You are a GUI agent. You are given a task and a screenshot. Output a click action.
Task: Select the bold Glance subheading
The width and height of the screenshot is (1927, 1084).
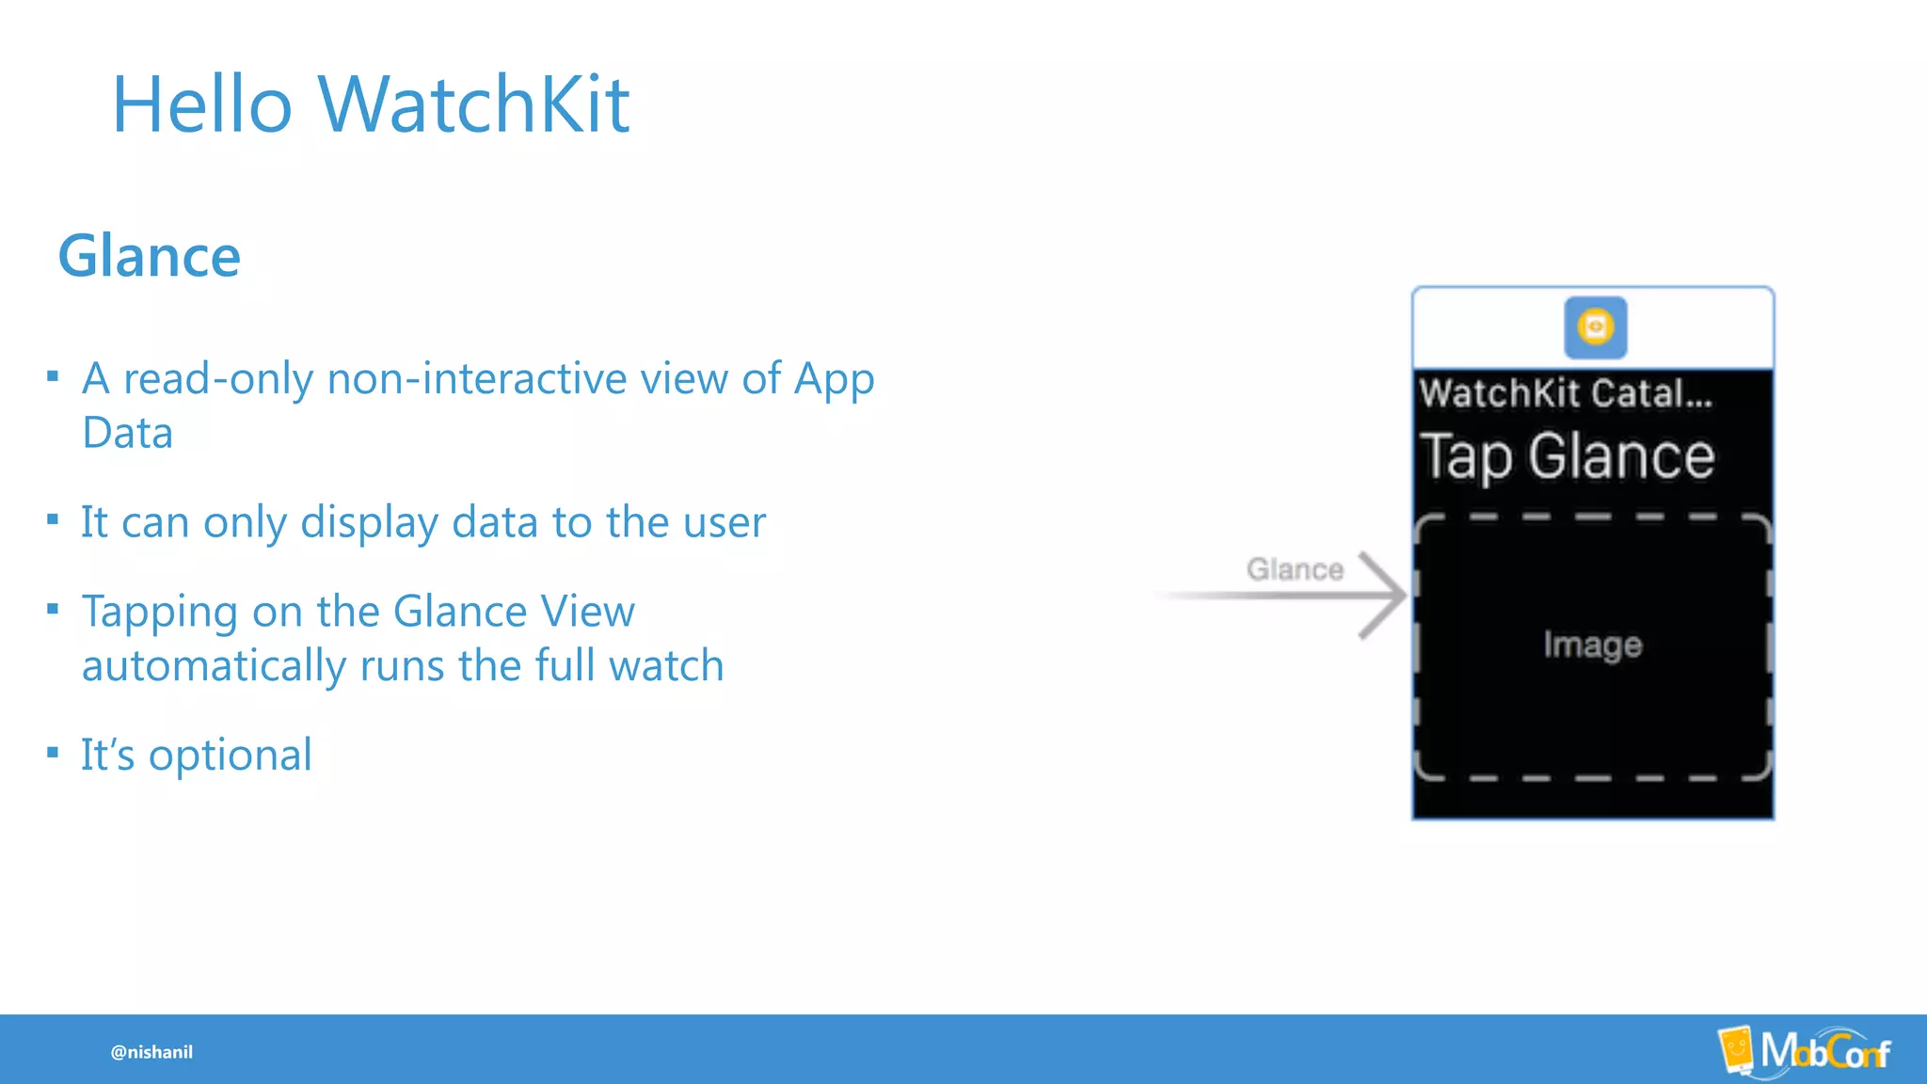(150, 256)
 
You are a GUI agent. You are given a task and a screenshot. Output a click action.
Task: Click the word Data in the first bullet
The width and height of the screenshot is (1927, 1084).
(127, 434)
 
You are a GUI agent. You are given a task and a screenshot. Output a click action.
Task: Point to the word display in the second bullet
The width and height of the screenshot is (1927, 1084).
(369, 523)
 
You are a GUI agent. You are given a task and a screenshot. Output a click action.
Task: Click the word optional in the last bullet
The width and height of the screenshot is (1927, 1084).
(230, 755)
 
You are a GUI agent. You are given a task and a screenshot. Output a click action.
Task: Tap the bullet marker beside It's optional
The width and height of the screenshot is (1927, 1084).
(53, 752)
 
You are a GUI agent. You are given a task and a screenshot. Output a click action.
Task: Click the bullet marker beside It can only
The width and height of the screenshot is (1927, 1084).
(53, 519)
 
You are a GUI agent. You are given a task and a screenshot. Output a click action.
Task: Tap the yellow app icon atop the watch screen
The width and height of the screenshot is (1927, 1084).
(1595, 327)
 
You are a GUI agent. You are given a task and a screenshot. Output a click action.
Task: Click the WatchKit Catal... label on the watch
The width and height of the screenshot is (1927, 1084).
(1566, 393)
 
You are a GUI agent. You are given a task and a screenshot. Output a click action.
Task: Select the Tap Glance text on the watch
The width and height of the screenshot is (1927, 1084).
(1568, 457)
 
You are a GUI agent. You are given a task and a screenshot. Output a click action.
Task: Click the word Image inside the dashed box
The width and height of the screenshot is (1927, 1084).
(1592, 645)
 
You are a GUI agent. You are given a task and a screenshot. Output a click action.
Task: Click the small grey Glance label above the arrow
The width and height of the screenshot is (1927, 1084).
(1295, 569)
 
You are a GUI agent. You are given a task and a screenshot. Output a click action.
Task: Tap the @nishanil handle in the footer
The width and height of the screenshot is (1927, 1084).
(151, 1052)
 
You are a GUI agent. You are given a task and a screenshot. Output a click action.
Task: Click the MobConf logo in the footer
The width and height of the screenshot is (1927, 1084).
(1805, 1050)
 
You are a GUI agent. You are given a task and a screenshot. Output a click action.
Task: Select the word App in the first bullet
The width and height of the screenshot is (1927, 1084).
(835, 379)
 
